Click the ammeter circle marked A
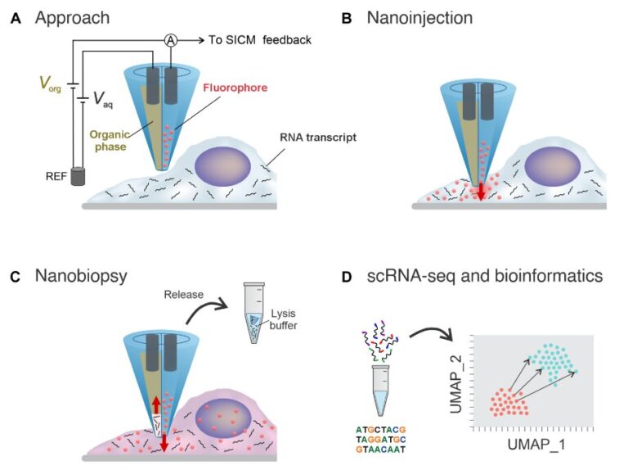[x=171, y=40]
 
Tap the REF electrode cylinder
[x=78, y=176]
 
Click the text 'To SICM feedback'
[x=259, y=40]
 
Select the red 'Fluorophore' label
[x=235, y=88]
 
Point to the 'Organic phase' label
[x=110, y=140]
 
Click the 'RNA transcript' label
[x=318, y=138]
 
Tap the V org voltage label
[x=51, y=84]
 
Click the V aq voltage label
[x=103, y=99]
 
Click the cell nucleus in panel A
[x=222, y=167]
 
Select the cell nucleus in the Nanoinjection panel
[x=553, y=167]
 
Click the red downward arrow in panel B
[x=481, y=192]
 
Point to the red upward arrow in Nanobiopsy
[x=156, y=404]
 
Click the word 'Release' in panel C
[x=184, y=295]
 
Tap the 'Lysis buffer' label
[x=284, y=319]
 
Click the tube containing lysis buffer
[x=254, y=313]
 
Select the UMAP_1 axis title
[x=536, y=445]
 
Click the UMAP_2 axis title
[x=456, y=383]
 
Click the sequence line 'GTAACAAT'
[x=381, y=450]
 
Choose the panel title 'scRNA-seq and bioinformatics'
[x=485, y=276]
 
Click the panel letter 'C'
[x=15, y=277]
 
